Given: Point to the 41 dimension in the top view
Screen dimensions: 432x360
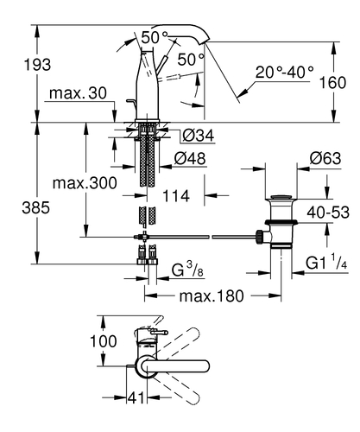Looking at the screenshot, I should (x=136, y=399).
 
